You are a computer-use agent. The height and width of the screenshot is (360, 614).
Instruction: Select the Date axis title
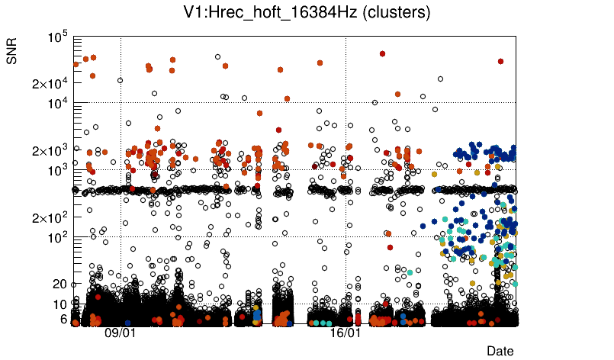point(500,350)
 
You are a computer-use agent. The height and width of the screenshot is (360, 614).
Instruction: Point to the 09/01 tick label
point(120,333)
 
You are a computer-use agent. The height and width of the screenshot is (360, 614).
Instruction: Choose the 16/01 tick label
point(345,333)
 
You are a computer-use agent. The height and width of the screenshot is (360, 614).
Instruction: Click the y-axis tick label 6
point(64,319)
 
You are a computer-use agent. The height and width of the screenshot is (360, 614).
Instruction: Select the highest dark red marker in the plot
point(382,53)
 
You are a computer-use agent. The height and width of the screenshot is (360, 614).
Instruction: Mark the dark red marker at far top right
point(500,61)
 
